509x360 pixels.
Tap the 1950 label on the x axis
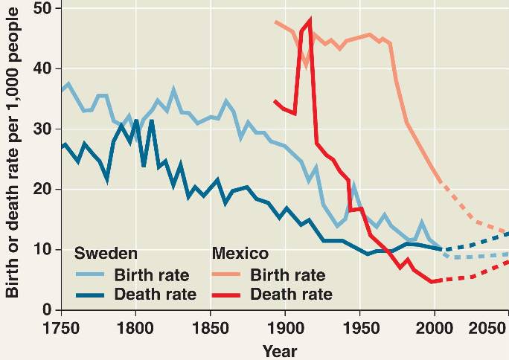coord(360,328)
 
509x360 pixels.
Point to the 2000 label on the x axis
coord(434,328)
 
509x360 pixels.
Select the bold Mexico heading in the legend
coord(240,253)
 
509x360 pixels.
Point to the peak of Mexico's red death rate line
coord(310,20)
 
